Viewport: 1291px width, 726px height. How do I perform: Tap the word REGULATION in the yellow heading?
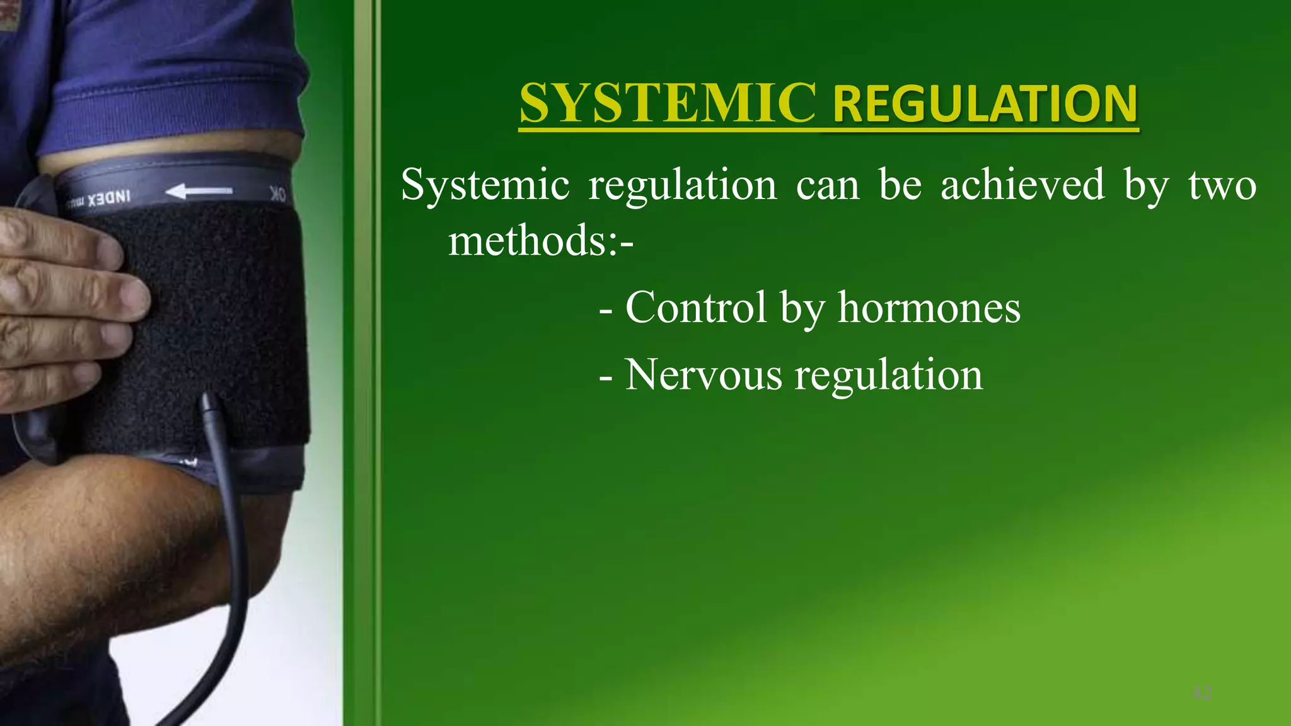(x=985, y=104)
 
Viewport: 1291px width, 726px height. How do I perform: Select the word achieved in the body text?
(x=1022, y=185)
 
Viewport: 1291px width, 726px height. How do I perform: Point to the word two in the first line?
(x=1222, y=185)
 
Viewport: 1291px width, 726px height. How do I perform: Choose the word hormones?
(x=929, y=308)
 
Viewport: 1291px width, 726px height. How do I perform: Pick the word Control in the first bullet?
(x=696, y=308)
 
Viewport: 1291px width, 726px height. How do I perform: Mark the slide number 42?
(x=1202, y=694)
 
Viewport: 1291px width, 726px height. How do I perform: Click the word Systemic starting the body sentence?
(x=485, y=185)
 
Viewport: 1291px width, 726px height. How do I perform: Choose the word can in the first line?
(x=827, y=185)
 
